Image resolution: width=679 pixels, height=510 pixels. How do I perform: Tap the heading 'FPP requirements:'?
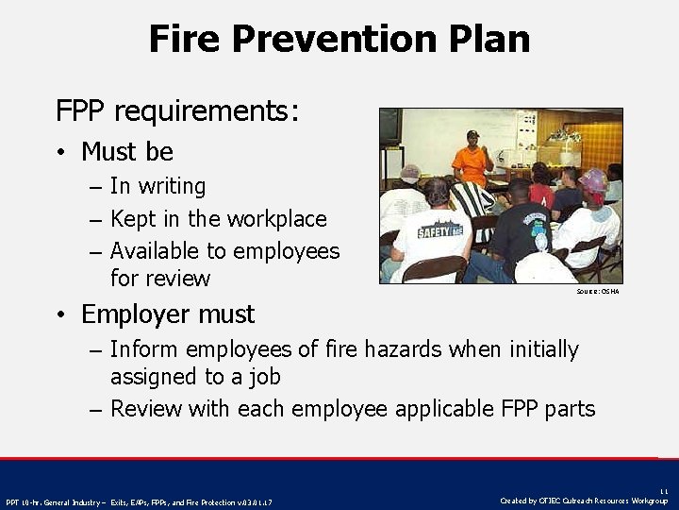tap(177, 111)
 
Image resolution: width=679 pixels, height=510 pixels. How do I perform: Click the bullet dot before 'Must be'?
tap(59, 152)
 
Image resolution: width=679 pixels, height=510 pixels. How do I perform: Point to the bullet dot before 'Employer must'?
tap(59, 314)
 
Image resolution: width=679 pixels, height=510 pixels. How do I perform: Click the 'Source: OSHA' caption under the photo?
tap(597, 292)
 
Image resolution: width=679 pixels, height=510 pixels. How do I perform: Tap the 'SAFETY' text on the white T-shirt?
tap(439, 229)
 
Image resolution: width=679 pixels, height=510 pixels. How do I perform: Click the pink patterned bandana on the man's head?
tap(593, 179)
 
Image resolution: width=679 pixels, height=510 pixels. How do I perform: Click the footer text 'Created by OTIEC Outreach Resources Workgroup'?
tap(584, 501)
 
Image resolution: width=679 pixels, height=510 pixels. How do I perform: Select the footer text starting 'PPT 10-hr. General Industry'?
tap(139, 501)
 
